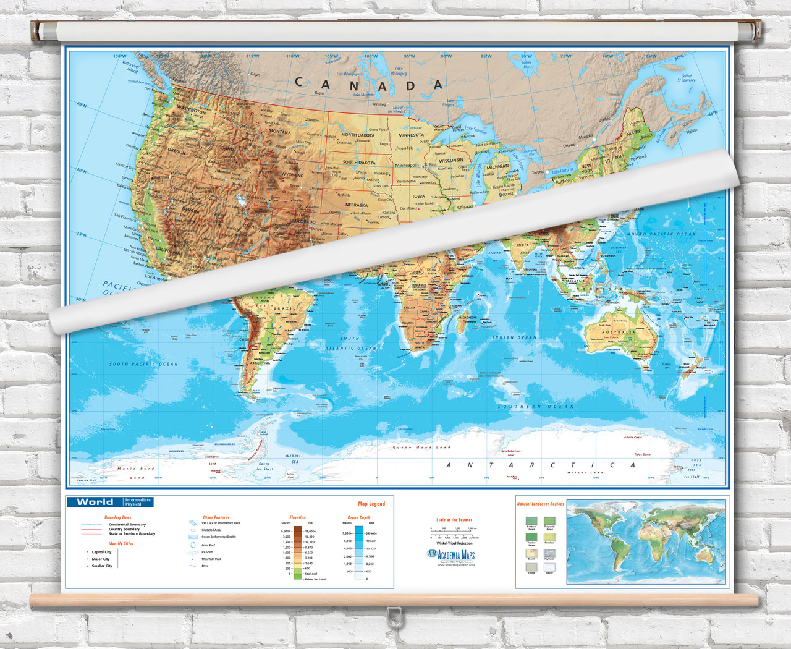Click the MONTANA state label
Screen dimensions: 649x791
pyautogui.click(x=279, y=132)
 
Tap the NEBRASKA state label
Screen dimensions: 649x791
pyautogui.click(x=357, y=205)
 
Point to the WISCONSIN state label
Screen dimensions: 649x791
pyautogui.click(x=450, y=160)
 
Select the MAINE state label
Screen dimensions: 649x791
pyautogui.click(x=634, y=133)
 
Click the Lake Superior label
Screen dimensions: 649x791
pyautogui.click(x=475, y=130)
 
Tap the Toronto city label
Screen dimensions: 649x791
pyautogui.click(x=538, y=172)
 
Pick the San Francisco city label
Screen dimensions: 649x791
pyautogui.click(x=125, y=216)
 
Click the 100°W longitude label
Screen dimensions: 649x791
pyautogui.click(x=371, y=57)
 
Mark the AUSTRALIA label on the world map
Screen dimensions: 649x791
pyautogui.click(x=619, y=332)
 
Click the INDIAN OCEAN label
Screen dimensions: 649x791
pyautogui.click(x=514, y=338)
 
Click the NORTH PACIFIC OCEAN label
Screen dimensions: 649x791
pyautogui.click(x=661, y=234)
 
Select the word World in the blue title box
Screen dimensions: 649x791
pyautogui.click(x=95, y=502)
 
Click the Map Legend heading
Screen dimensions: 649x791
pyautogui.click(x=371, y=504)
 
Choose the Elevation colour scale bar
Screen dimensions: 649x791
pyautogui.click(x=297, y=553)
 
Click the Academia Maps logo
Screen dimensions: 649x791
pyautogui.click(x=451, y=554)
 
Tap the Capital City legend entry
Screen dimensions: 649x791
pyautogui.click(x=101, y=552)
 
